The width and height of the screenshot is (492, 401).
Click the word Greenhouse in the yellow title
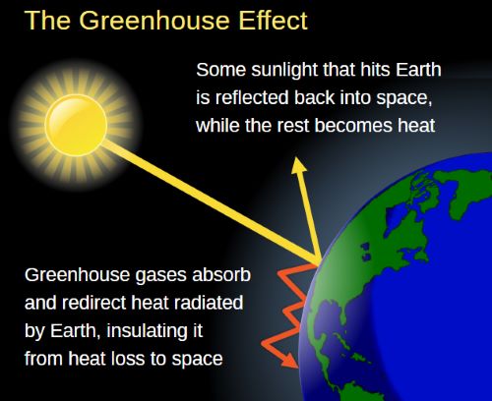pyautogui.click(x=154, y=21)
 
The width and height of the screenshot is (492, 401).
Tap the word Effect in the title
pyautogui.click(x=273, y=21)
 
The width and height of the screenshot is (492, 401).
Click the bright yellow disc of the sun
pyautogui.click(x=76, y=125)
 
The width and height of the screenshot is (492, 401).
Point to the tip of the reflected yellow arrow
pyautogui.click(x=297, y=157)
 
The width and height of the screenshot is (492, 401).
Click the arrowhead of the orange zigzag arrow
pyautogui.click(x=290, y=360)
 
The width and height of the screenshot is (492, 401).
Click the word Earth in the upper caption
pyautogui.click(x=418, y=70)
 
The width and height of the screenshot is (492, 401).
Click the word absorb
pyautogui.click(x=221, y=274)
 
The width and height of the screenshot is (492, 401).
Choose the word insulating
pyautogui.click(x=154, y=331)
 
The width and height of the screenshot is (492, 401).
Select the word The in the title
pyautogui.click(x=47, y=21)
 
